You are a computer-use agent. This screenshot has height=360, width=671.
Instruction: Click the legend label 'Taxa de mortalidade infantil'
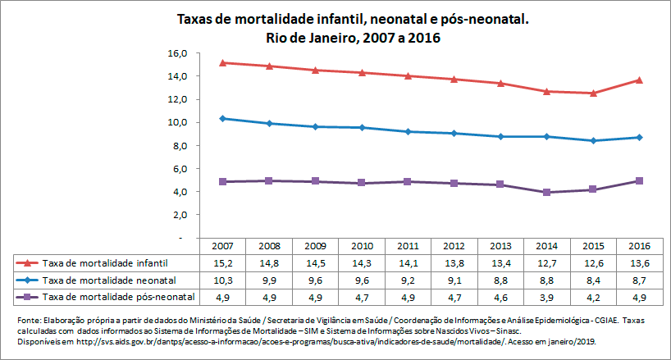tap(105, 262)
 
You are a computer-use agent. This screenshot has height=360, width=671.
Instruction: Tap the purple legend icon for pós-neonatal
tap(27, 295)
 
